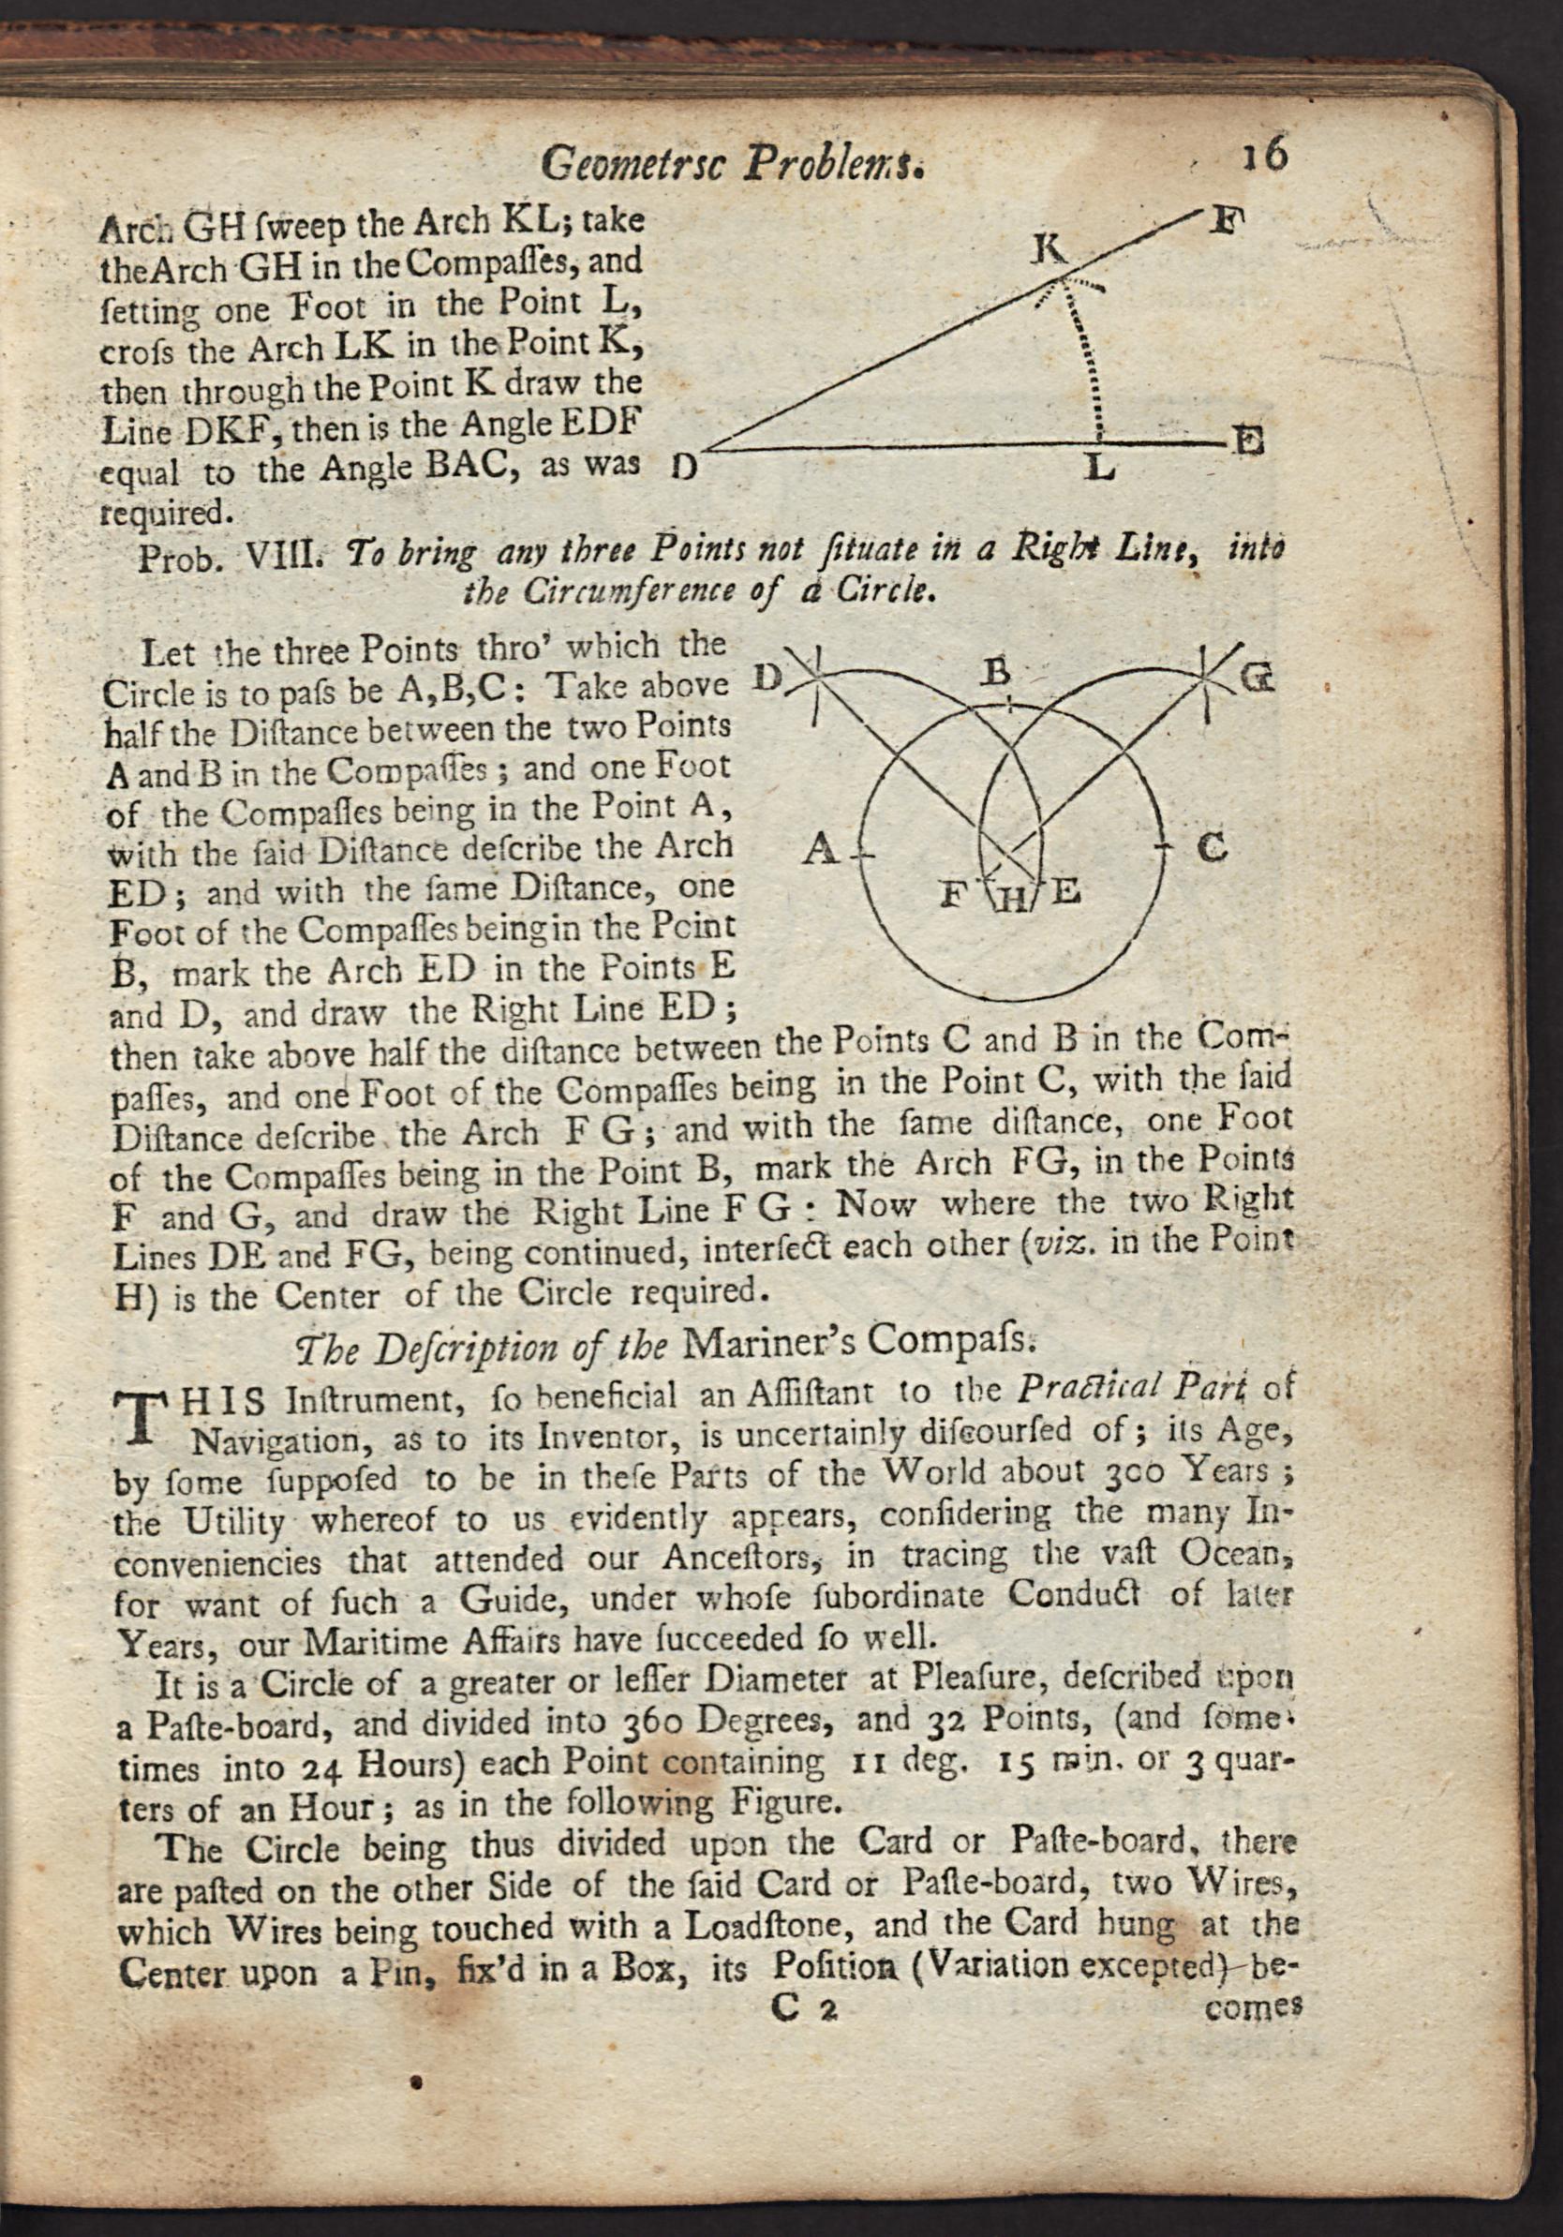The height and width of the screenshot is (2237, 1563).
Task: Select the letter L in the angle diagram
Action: click(x=1100, y=470)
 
